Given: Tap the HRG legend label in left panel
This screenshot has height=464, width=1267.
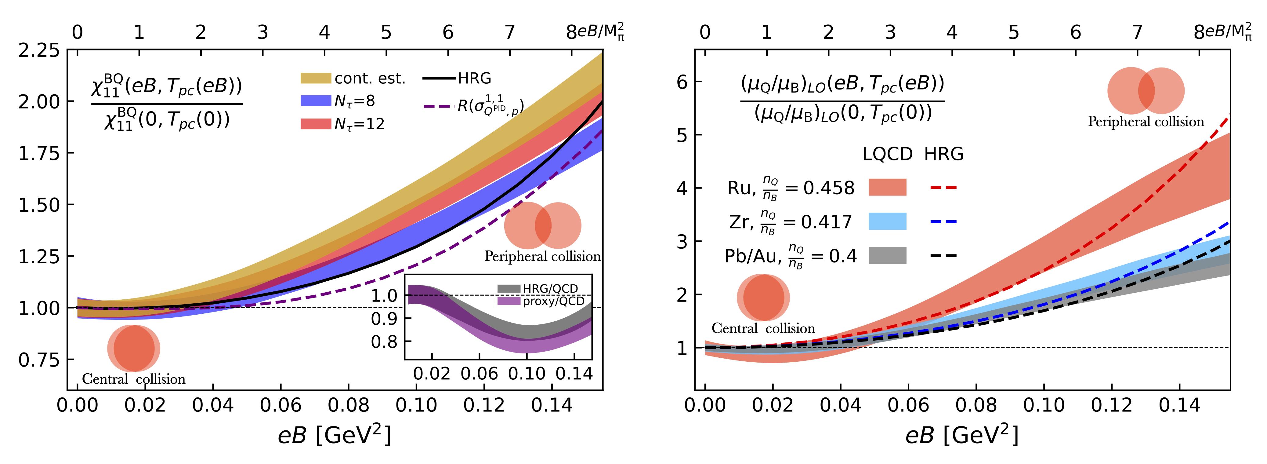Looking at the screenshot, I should [x=474, y=78].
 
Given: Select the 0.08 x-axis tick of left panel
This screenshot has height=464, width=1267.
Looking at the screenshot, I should [x=348, y=405].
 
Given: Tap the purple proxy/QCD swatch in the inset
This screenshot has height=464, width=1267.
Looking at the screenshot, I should [x=509, y=301].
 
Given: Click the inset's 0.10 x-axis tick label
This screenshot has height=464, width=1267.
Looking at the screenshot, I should [x=527, y=374].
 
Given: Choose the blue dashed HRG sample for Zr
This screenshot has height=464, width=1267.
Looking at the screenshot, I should [x=943, y=222].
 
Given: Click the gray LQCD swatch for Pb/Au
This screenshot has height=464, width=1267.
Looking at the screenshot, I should [x=887, y=255].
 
